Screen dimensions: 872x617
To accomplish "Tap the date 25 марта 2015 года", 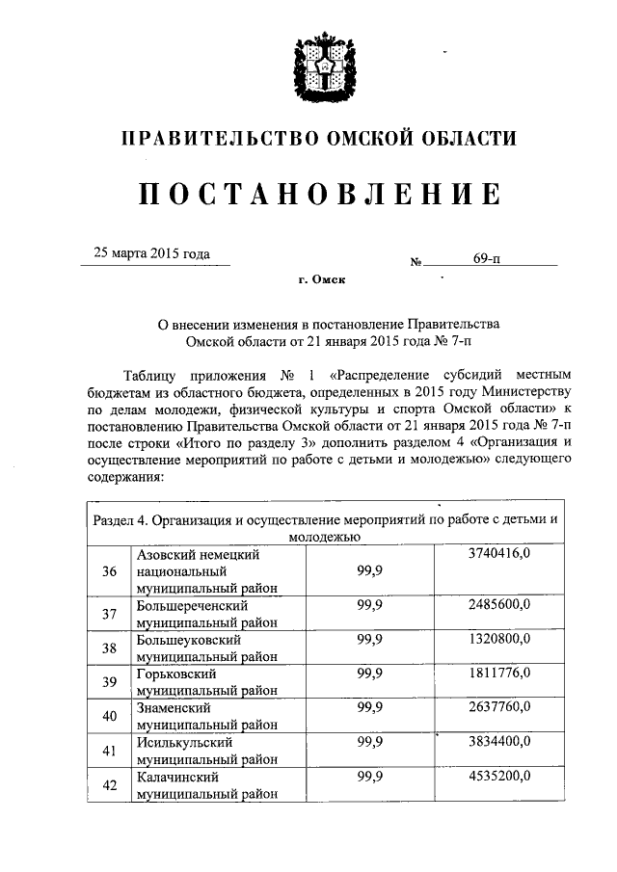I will (x=151, y=255).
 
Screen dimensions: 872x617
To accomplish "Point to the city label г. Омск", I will (x=320, y=280).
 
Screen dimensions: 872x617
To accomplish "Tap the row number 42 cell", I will (x=109, y=785).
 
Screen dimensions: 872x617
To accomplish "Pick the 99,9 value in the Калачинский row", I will (x=370, y=776).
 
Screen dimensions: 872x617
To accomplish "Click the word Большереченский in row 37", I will (x=193, y=606).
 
